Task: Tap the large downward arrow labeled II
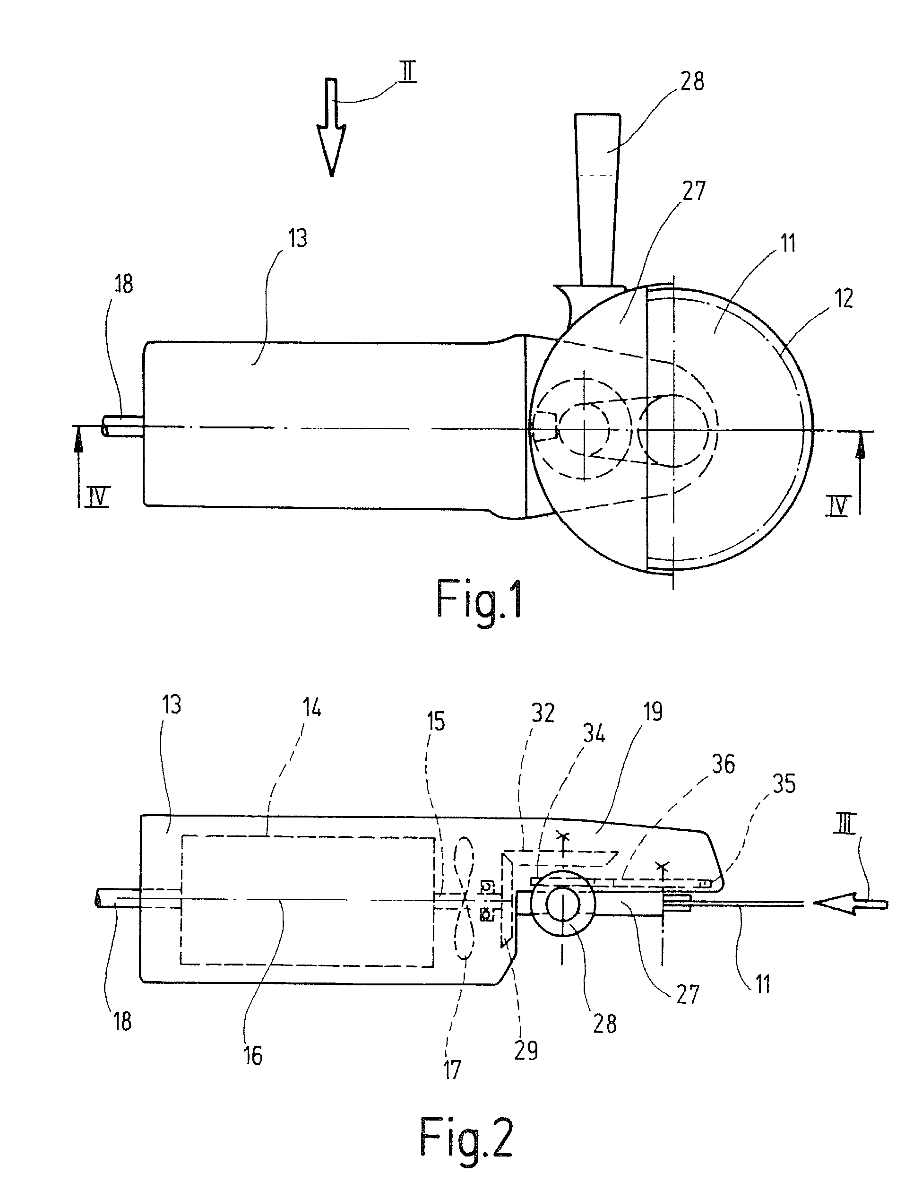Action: [331, 127]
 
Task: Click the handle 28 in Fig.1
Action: [598, 200]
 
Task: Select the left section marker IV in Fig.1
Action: [98, 497]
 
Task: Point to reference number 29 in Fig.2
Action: [526, 1051]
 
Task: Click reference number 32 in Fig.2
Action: [543, 713]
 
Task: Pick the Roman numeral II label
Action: [407, 72]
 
